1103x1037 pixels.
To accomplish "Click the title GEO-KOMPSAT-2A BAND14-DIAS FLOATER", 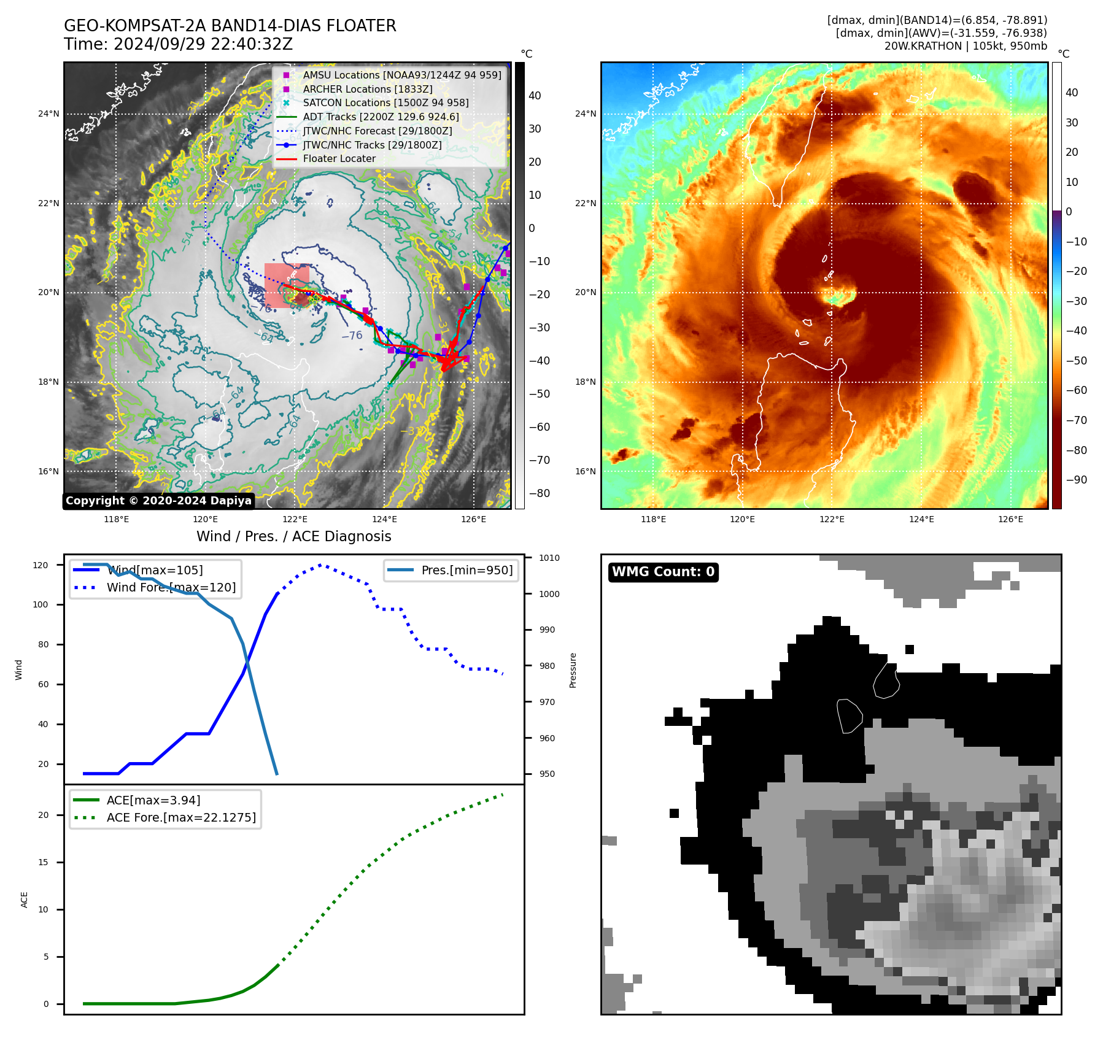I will click(230, 26).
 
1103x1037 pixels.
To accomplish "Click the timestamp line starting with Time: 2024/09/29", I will click(178, 44).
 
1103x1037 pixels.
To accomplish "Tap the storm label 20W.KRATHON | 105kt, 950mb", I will click(966, 46).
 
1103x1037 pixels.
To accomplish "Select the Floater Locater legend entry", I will click(339, 158).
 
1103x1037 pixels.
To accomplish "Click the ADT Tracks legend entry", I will click(381, 117).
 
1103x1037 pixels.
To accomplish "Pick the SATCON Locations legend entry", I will click(385, 102).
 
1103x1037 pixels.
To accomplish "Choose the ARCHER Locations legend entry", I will click(367, 89).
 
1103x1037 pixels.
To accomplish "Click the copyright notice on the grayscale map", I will click(158, 501).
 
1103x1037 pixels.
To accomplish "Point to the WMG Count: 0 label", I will click(663, 572).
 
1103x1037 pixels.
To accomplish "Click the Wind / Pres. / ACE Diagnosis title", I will click(293, 536).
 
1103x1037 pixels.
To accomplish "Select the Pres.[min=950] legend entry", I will click(466, 570).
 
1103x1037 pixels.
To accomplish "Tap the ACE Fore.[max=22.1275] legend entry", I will click(181, 817).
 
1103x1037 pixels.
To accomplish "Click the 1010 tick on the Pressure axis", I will click(549, 558).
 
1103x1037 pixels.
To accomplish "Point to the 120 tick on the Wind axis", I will click(41, 565).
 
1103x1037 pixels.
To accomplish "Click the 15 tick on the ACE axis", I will click(43, 862).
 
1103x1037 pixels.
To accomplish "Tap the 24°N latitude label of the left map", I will click(48, 114).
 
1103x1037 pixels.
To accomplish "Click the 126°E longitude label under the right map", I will click(1010, 519).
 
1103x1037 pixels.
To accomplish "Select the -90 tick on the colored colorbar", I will click(1076, 480).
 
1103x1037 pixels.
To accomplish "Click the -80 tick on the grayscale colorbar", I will click(540, 493).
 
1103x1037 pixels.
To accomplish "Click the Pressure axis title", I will click(573, 670).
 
